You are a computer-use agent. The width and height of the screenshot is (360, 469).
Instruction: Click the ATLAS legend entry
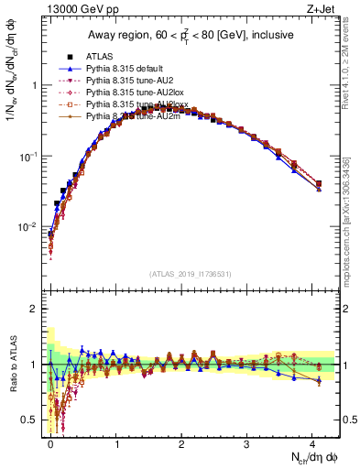coord(84,57)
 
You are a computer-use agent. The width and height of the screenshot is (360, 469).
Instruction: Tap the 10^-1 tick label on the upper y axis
coord(27,157)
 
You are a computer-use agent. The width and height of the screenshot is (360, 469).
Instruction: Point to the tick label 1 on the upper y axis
coord(33,86)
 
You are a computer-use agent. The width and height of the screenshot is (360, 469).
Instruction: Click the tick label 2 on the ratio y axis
coord(33,309)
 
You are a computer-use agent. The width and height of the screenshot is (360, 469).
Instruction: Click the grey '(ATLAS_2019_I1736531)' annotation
coord(191,274)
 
